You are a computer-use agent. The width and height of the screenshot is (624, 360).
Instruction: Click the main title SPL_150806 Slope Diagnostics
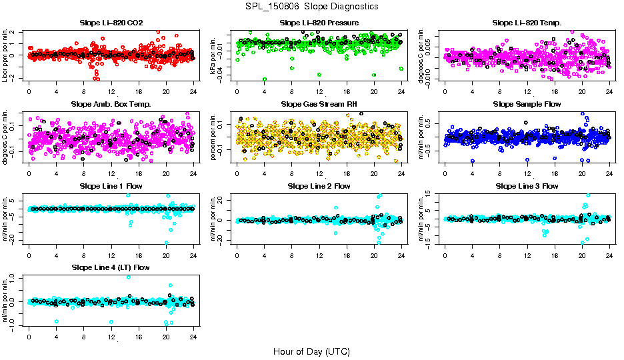[311, 6]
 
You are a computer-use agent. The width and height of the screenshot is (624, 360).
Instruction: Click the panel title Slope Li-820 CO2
[111, 23]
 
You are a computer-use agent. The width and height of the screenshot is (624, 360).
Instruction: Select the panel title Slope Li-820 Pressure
[319, 23]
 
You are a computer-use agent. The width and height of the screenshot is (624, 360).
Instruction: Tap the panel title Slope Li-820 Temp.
[527, 23]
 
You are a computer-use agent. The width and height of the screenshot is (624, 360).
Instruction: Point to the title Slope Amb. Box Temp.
[111, 105]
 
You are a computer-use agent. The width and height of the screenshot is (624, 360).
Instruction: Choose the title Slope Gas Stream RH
[319, 105]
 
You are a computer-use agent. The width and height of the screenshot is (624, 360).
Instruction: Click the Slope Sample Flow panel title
[527, 105]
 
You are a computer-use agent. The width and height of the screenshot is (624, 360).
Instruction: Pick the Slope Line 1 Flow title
[111, 186]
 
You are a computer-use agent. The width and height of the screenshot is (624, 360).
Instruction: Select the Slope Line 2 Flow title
[319, 186]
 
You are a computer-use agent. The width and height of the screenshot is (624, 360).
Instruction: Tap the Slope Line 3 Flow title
[527, 186]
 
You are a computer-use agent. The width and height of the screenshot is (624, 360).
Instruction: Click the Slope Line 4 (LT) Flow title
[111, 268]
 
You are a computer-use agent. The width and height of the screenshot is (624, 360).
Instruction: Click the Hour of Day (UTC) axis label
[311, 351]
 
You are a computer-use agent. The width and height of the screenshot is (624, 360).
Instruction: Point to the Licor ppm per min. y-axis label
[6, 55]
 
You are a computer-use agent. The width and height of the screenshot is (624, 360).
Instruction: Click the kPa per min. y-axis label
[214, 55]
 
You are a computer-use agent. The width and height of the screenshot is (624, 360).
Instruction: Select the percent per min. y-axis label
[214, 137]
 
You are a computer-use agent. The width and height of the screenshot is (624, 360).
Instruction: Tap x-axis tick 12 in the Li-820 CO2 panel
[111, 91]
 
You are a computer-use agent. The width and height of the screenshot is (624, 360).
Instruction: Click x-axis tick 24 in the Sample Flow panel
[609, 173]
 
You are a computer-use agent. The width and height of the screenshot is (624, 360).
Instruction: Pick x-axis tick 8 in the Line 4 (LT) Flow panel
[83, 337]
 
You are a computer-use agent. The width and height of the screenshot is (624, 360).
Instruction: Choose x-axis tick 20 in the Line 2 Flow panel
[374, 255]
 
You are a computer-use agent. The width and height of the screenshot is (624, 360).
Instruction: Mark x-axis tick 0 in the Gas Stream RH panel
[237, 173]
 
